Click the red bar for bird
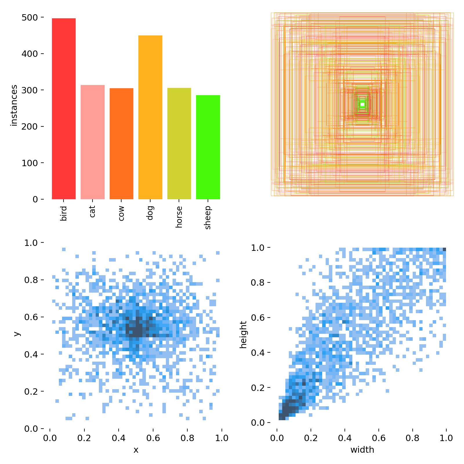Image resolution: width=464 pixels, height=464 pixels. (x=64, y=109)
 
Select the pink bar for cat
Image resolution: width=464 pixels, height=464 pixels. (x=93, y=142)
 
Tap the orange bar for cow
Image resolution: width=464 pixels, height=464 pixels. (x=121, y=144)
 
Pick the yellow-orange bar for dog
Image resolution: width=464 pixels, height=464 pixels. (x=150, y=117)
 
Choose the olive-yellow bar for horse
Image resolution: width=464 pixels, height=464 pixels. (x=179, y=144)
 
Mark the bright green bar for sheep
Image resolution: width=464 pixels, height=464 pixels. (x=208, y=147)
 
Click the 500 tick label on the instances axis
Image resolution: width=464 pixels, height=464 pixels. (x=30, y=18)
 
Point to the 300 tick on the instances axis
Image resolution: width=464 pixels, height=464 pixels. (x=30, y=90)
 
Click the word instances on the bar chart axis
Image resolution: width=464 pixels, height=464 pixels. (x=14, y=105)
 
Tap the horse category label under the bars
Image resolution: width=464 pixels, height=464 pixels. (x=179, y=217)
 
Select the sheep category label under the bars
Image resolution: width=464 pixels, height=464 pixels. (x=208, y=217)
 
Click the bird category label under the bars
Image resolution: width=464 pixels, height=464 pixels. (x=64, y=213)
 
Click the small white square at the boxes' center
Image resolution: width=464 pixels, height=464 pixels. (x=362, y=104)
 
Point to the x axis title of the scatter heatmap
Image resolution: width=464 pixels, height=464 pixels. (x=136, y=450)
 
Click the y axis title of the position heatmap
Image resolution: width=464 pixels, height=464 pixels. (x=17, y=333)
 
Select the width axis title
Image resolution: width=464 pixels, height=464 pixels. (x=362, y=450)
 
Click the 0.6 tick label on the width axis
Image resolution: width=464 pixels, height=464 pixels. (x=379, y=438)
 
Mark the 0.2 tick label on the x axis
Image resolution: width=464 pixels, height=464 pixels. (x=84, y=438)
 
